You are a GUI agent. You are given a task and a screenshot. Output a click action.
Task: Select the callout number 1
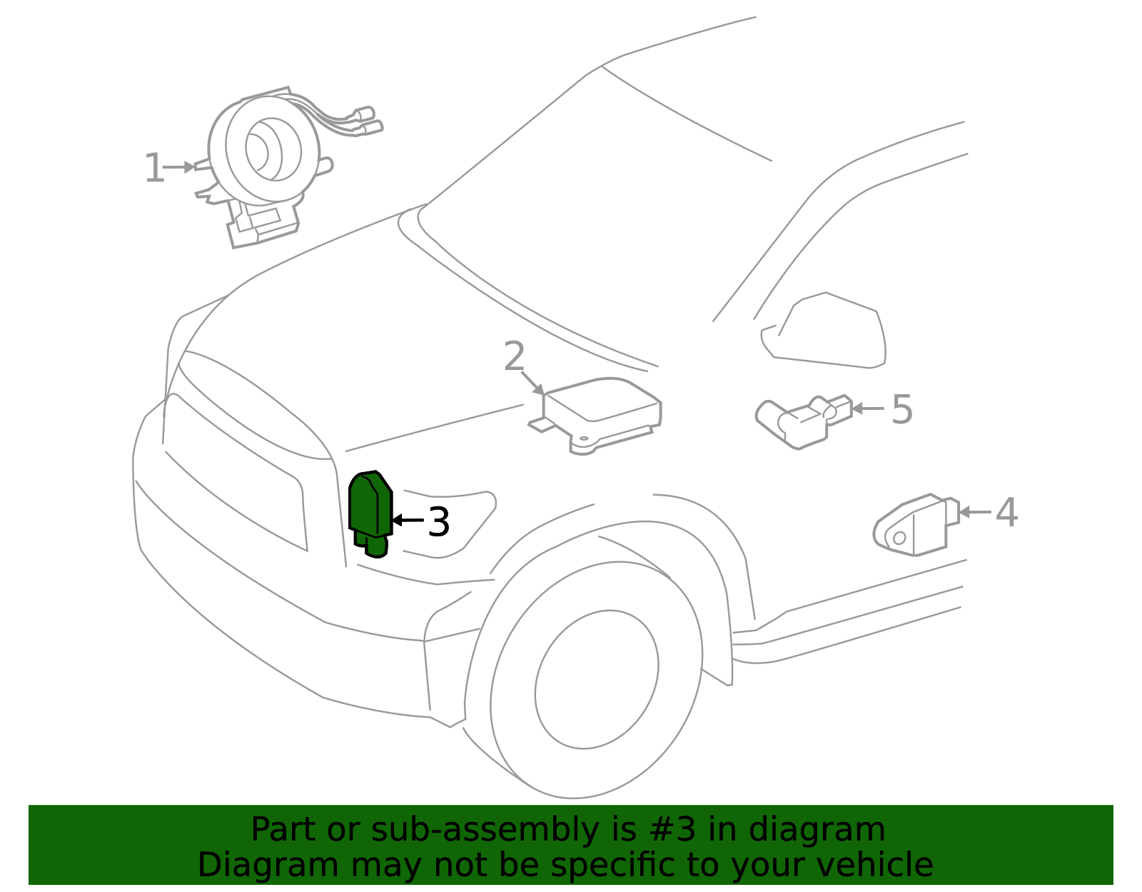153,169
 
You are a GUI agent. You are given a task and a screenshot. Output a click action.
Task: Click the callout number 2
514,356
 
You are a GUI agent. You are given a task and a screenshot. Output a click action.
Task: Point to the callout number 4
1006,513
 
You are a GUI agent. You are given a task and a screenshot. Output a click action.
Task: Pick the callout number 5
902,410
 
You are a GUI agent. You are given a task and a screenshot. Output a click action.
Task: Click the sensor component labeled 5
803,421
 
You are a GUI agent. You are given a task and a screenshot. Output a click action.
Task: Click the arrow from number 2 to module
532,383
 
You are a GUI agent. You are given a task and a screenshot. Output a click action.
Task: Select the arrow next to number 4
974,512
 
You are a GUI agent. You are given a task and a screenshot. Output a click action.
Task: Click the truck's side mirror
828,332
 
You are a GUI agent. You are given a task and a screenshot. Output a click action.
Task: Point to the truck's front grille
236,471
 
